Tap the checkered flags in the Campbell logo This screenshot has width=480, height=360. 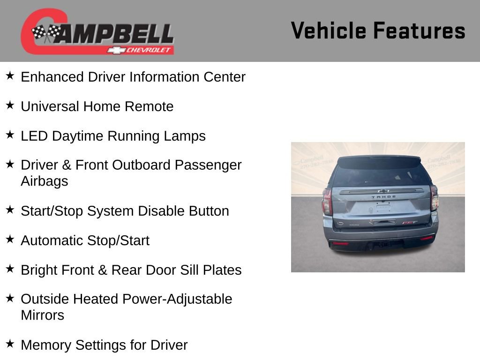point(47,33)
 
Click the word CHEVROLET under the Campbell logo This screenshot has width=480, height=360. point(149,50)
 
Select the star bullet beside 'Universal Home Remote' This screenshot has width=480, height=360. point(10,105)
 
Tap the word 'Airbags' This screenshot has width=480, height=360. point(44,181)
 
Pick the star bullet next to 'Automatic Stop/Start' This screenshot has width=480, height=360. point(10,240)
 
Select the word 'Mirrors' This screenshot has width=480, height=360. point(42,315)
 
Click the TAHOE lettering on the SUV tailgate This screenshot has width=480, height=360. point(383,197)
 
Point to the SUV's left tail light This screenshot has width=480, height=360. point(327,201)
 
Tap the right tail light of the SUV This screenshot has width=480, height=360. point(434,197)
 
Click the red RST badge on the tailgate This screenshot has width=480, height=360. point(410,223)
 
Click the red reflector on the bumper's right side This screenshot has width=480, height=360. point(427,239)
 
